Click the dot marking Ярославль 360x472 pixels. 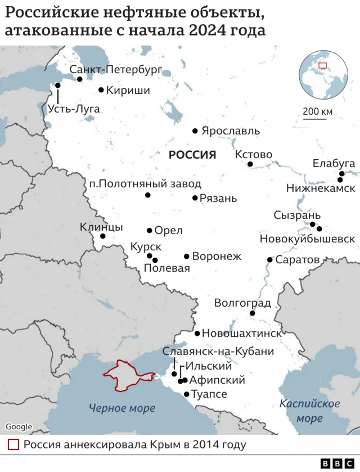(195, 131)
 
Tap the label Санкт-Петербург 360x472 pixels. (115, 70)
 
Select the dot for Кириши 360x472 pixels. (101, 89)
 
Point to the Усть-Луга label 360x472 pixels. (74, 109)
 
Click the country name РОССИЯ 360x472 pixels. (192, 155)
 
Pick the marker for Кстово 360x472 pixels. (250, 164)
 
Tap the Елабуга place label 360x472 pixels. (334, 163)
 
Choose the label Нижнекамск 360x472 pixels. (321, 188)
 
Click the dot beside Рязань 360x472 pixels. (195, 198)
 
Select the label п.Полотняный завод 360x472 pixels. (145, 183)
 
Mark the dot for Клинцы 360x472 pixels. (103, 236)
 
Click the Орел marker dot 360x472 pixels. (150, 230)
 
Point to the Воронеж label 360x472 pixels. (217, 257)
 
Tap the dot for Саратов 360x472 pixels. (270, 260)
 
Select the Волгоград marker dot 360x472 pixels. (253, 313)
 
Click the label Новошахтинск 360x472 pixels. (241, 333)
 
